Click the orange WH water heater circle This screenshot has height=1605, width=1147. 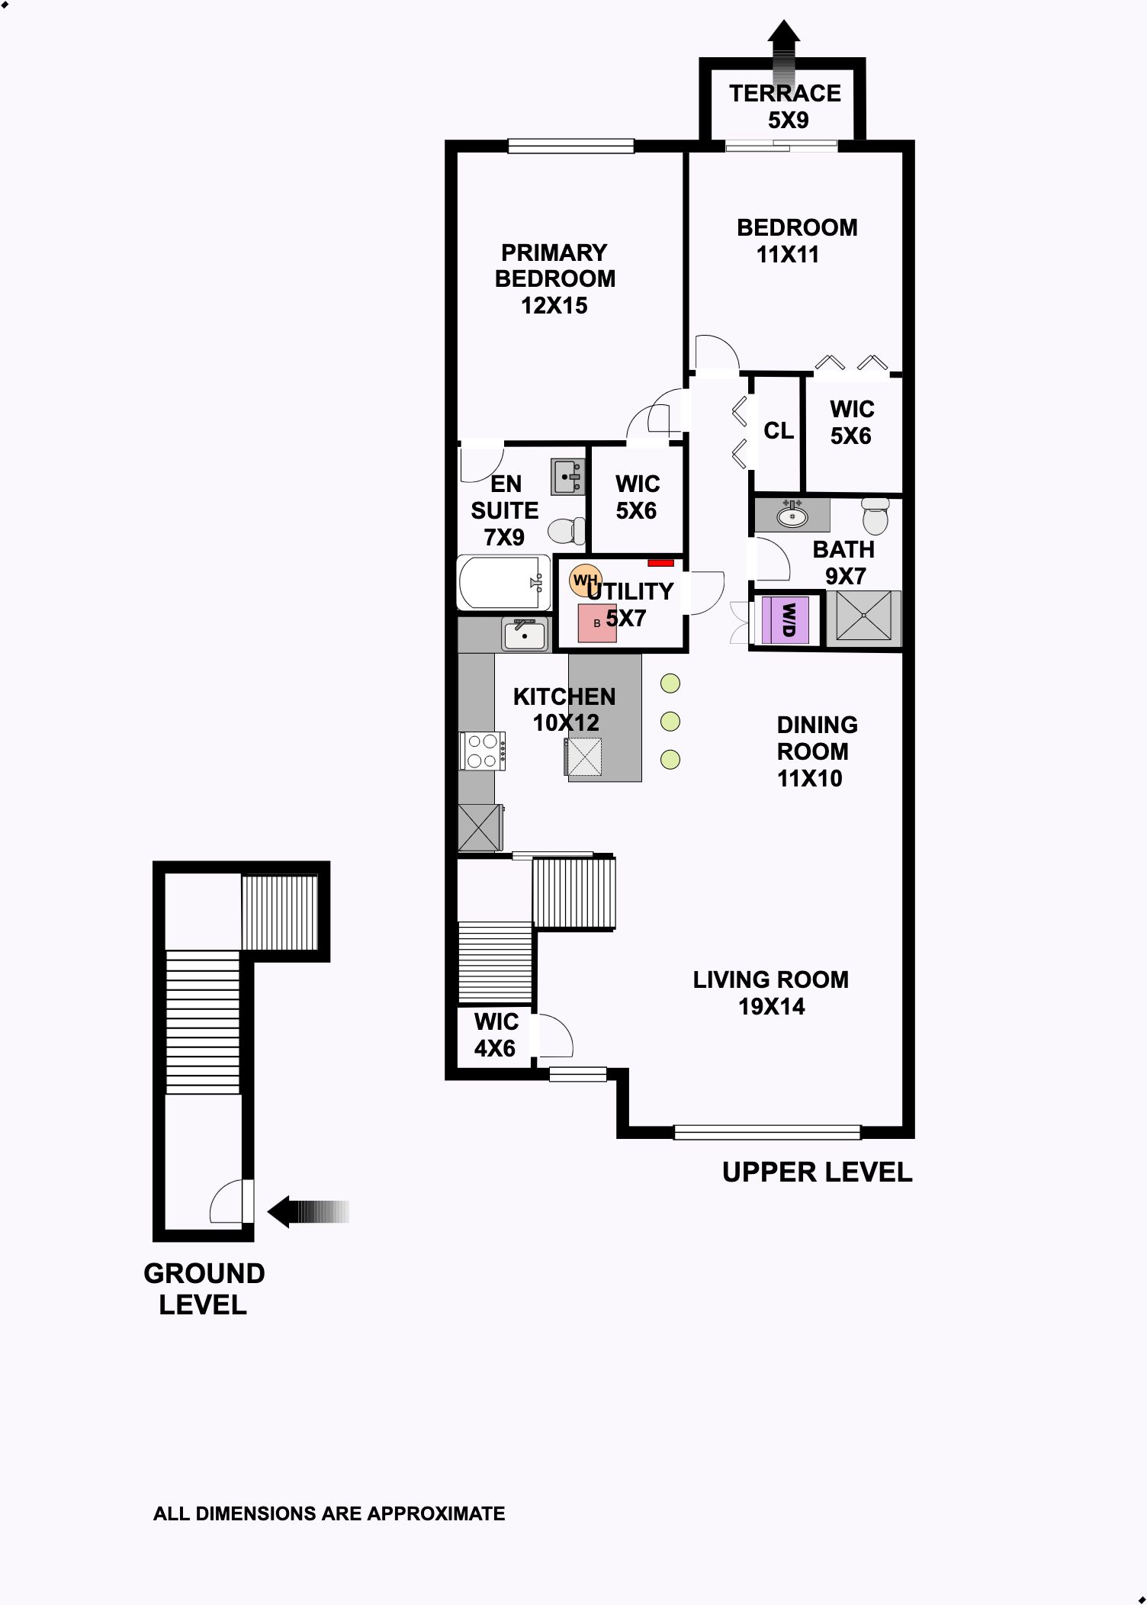click(x=586, y=581)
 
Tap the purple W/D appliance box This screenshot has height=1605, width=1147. click(x=786, y=619)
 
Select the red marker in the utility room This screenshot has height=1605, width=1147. click(x=660, y=563)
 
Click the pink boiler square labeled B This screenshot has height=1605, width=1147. click(x=597, y=623)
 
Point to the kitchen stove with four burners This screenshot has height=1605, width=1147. click(x=482, y=751)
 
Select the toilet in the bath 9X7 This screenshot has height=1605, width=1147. click(x=876, y=516)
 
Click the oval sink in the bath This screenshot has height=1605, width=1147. click(x=792, y=516)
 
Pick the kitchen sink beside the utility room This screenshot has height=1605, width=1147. click(x=525, y=635)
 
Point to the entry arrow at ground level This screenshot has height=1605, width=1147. click(x=308, y=1211)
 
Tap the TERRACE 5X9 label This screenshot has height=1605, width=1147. click(x=786, y=106)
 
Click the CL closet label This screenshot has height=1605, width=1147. click(x=779, y=431)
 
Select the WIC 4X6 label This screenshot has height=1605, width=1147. click(x=496, y=1035)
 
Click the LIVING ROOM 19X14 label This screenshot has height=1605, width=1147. click(x=771, y=992)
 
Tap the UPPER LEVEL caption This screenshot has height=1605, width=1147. click(x=818, y=1172)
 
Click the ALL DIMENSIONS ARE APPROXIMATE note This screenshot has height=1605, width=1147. click(x=329, y=1513)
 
